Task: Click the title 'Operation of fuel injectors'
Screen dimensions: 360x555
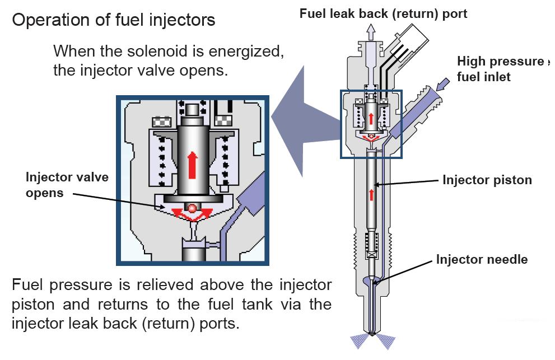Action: point(113,20)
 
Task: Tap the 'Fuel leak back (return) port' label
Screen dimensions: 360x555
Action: point(383,13)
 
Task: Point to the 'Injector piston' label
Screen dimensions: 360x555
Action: point(487,180)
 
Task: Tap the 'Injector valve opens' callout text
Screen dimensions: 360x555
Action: point(67,185)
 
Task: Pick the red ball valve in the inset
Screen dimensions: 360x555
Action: point(192,208)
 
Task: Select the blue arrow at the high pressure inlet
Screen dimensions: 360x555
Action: point(443,84)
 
